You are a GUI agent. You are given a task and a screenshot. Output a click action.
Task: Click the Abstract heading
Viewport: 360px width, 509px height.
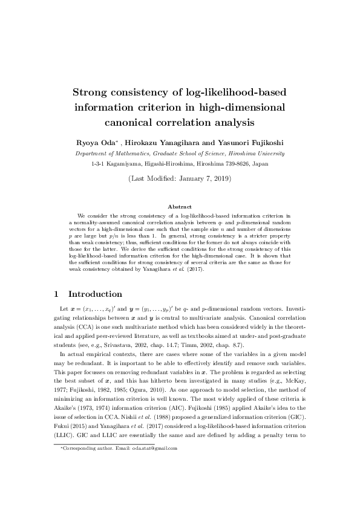[180, 207]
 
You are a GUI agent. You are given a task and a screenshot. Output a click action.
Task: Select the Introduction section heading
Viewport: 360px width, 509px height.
[95, 294]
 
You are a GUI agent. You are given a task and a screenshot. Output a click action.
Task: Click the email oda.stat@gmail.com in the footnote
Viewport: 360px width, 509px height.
[155, 448]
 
